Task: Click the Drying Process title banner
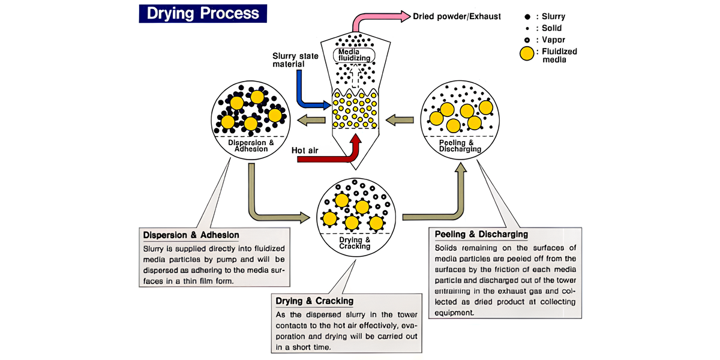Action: point(200,13)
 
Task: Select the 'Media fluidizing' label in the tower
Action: point(354,55)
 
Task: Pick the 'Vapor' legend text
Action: point(554,39)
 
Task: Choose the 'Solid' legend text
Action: point(553,28)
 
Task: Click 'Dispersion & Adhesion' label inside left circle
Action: point(248,147)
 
